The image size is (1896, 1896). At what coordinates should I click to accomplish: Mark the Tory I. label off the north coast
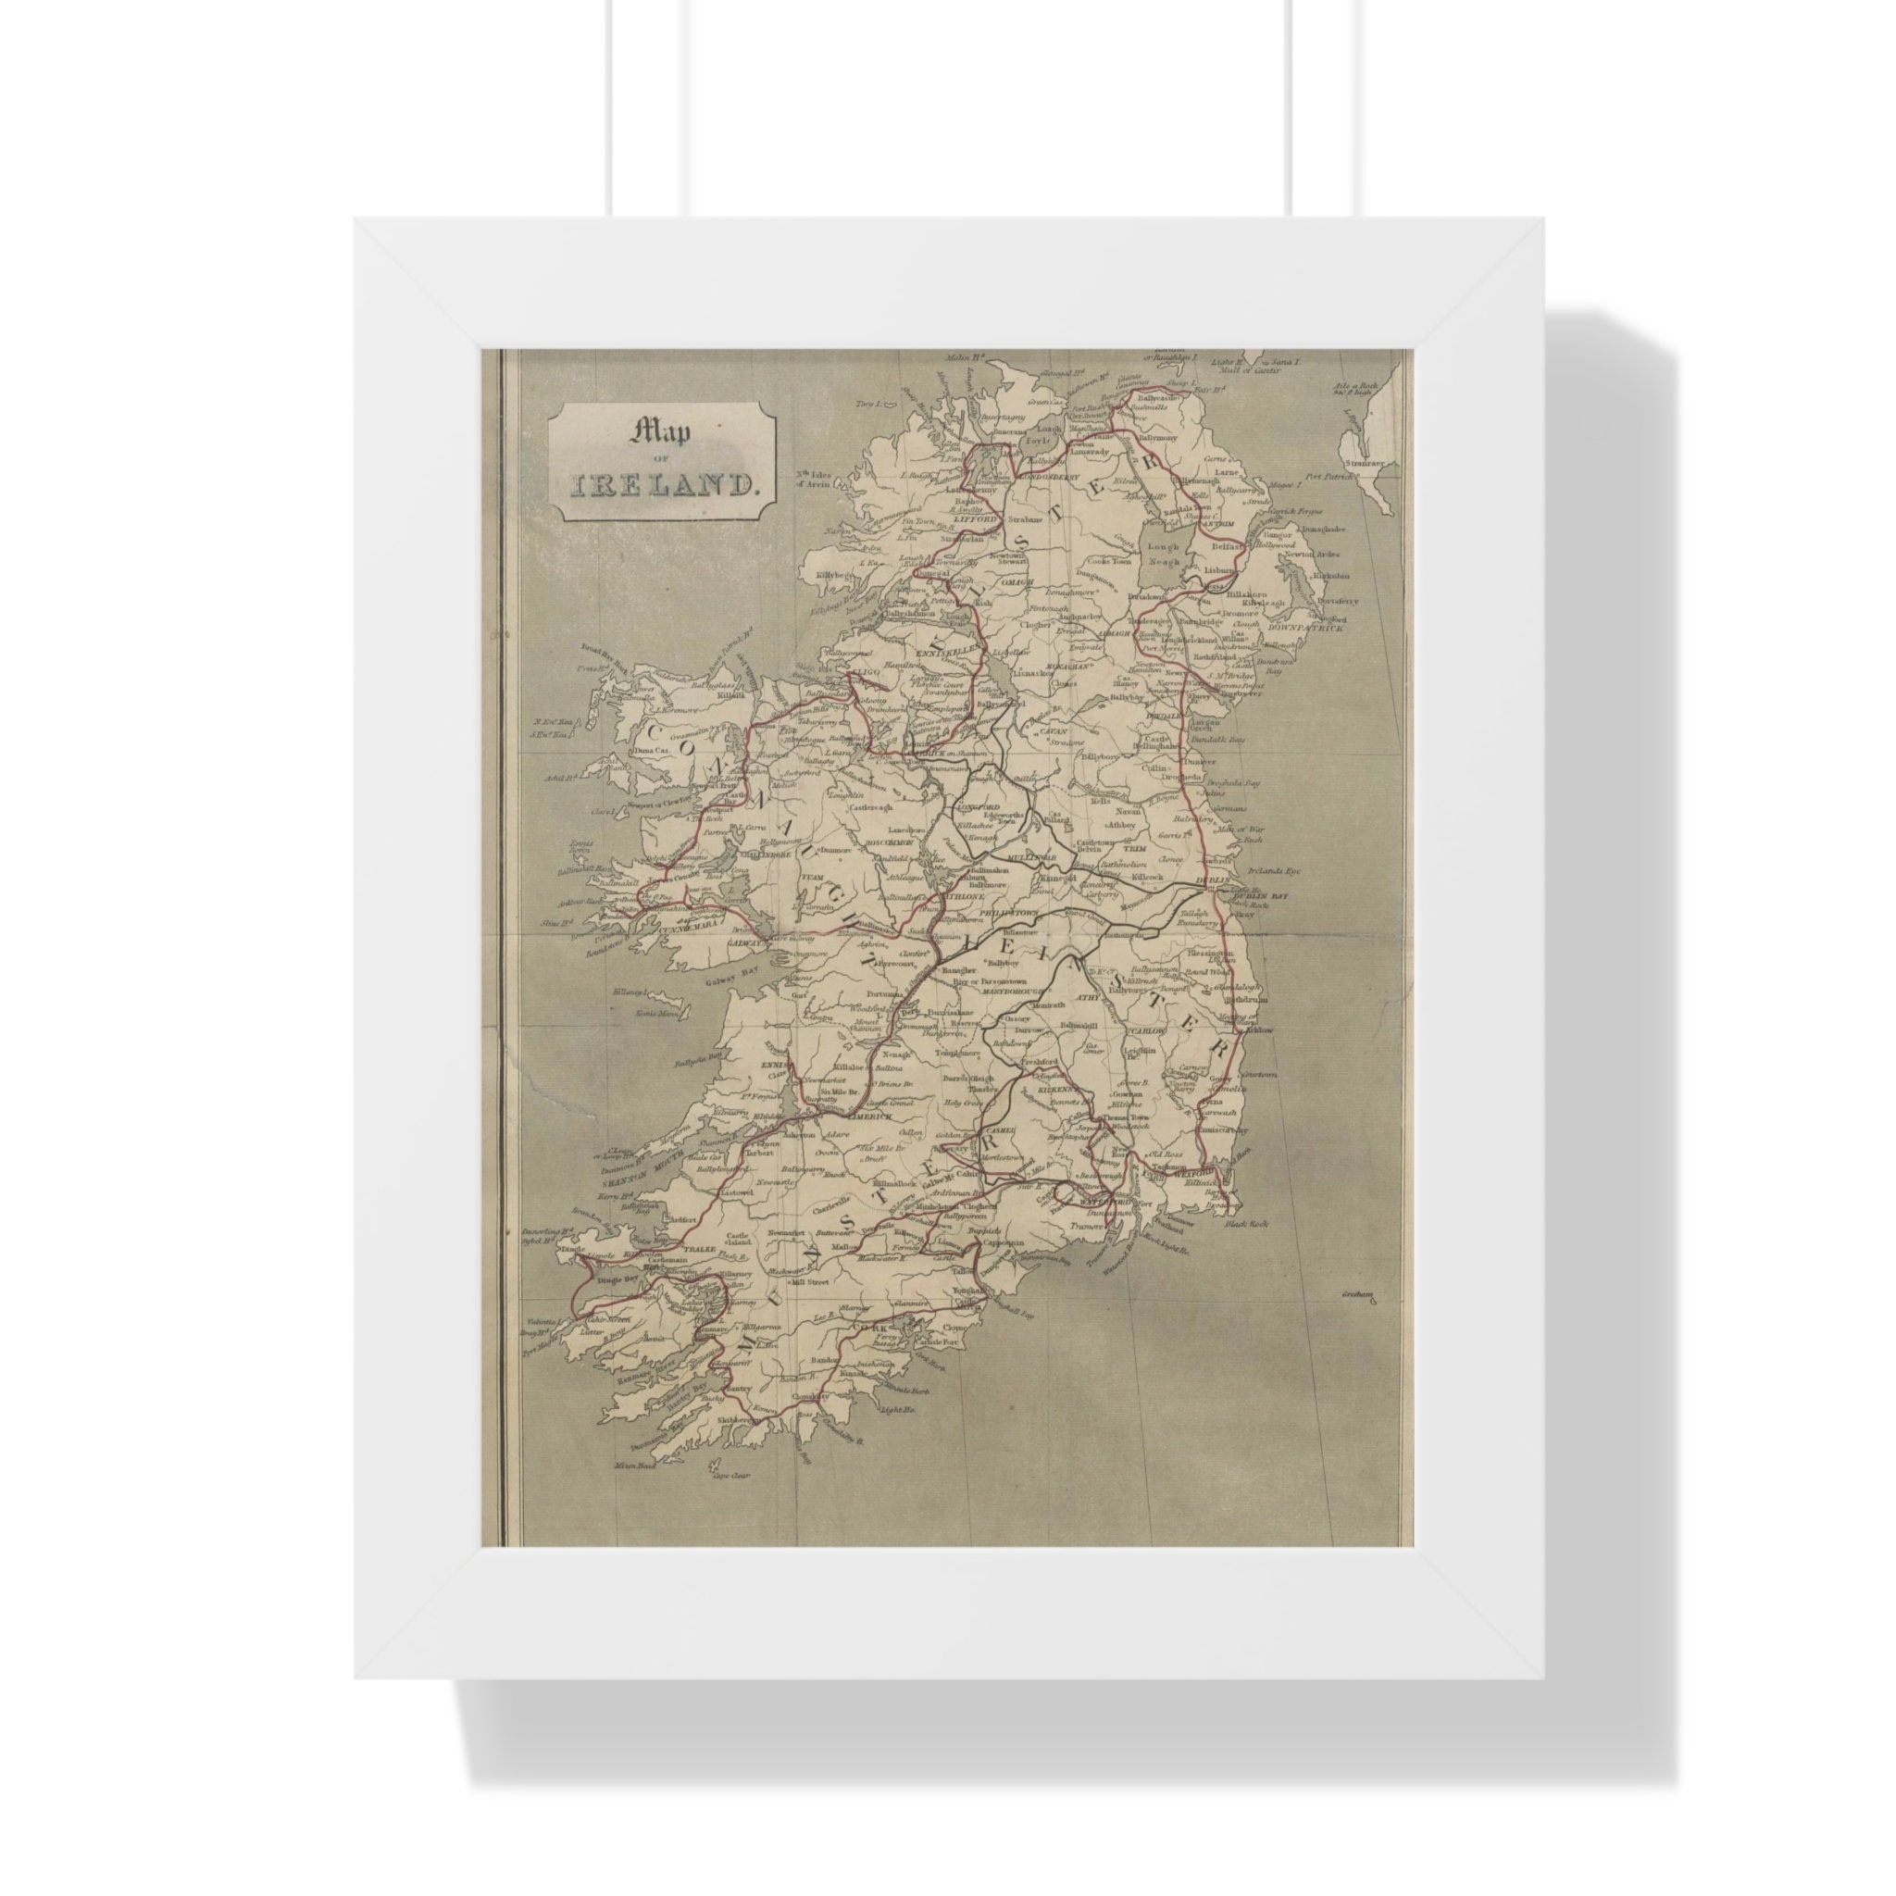click(867, 405)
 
